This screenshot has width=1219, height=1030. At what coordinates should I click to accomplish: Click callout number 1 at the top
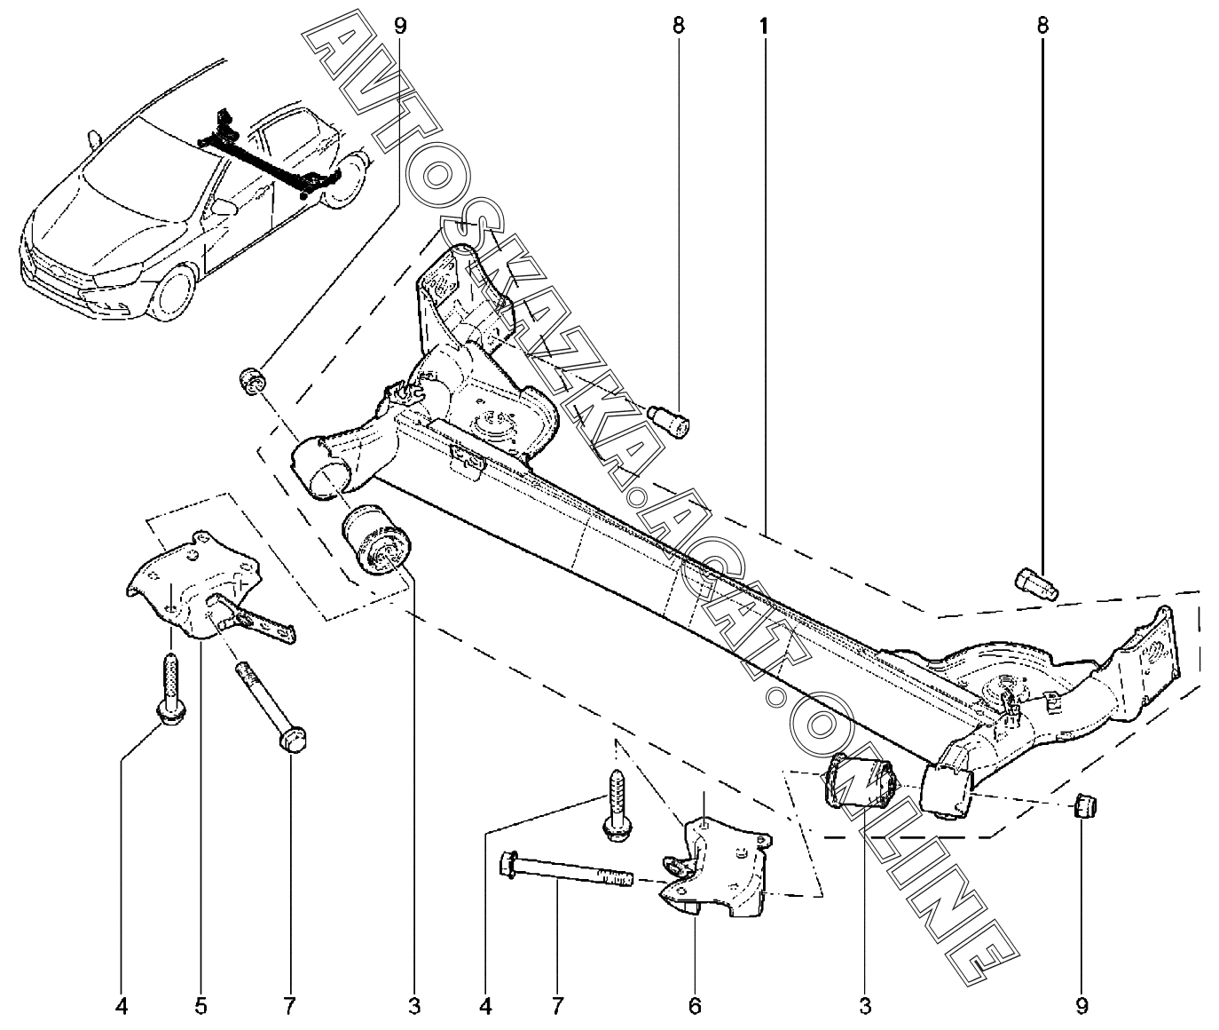pos(763,27)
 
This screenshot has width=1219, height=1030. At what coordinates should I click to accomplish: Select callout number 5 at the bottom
pos(201,1005)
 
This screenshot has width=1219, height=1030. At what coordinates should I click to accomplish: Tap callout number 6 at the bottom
pos(695,1005)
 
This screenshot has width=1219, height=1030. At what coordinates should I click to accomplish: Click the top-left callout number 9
pos(400,27)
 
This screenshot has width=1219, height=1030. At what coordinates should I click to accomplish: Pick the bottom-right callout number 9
pos(1081,1005)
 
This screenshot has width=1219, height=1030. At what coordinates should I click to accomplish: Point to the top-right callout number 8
pos(1042,27)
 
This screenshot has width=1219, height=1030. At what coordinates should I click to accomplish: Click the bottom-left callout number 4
pos(122,1005)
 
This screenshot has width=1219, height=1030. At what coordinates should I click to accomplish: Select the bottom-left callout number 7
pos(289,1005)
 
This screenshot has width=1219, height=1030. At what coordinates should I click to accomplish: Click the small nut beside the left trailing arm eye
pos(253,380)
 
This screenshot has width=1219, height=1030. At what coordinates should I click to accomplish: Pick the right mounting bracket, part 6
pos(716,868)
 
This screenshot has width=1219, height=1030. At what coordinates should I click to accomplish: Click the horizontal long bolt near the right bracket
pos(566,870)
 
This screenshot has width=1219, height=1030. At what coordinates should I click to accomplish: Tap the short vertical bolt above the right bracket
pos(617,806)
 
